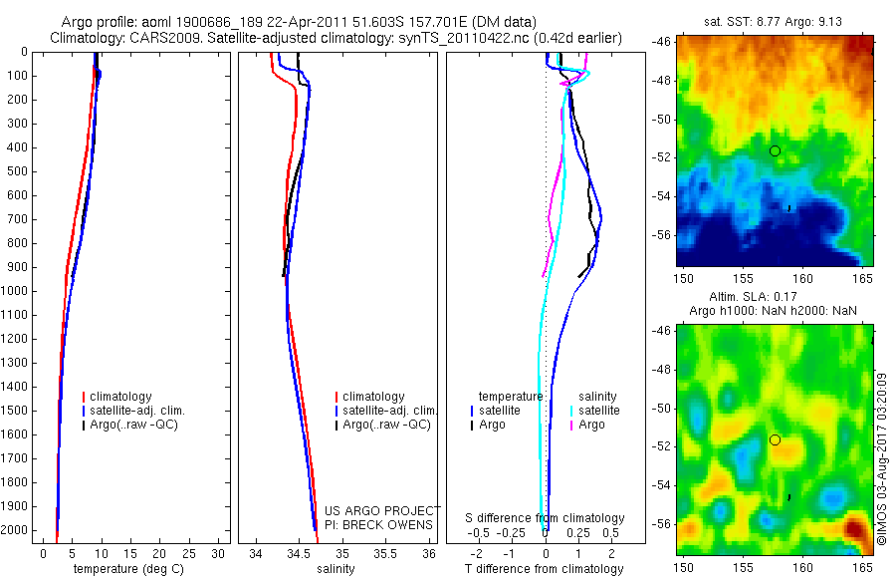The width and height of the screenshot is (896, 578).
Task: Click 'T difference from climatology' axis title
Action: [544, 569]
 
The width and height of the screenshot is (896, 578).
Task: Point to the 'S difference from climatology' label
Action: [545, 518]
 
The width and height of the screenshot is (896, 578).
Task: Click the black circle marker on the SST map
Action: [775, 150]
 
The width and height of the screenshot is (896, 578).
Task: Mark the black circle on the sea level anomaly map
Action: [775, 439]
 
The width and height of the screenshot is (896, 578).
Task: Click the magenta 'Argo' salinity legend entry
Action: [591, 425]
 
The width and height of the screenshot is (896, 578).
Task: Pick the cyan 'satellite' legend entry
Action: [599, 411]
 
